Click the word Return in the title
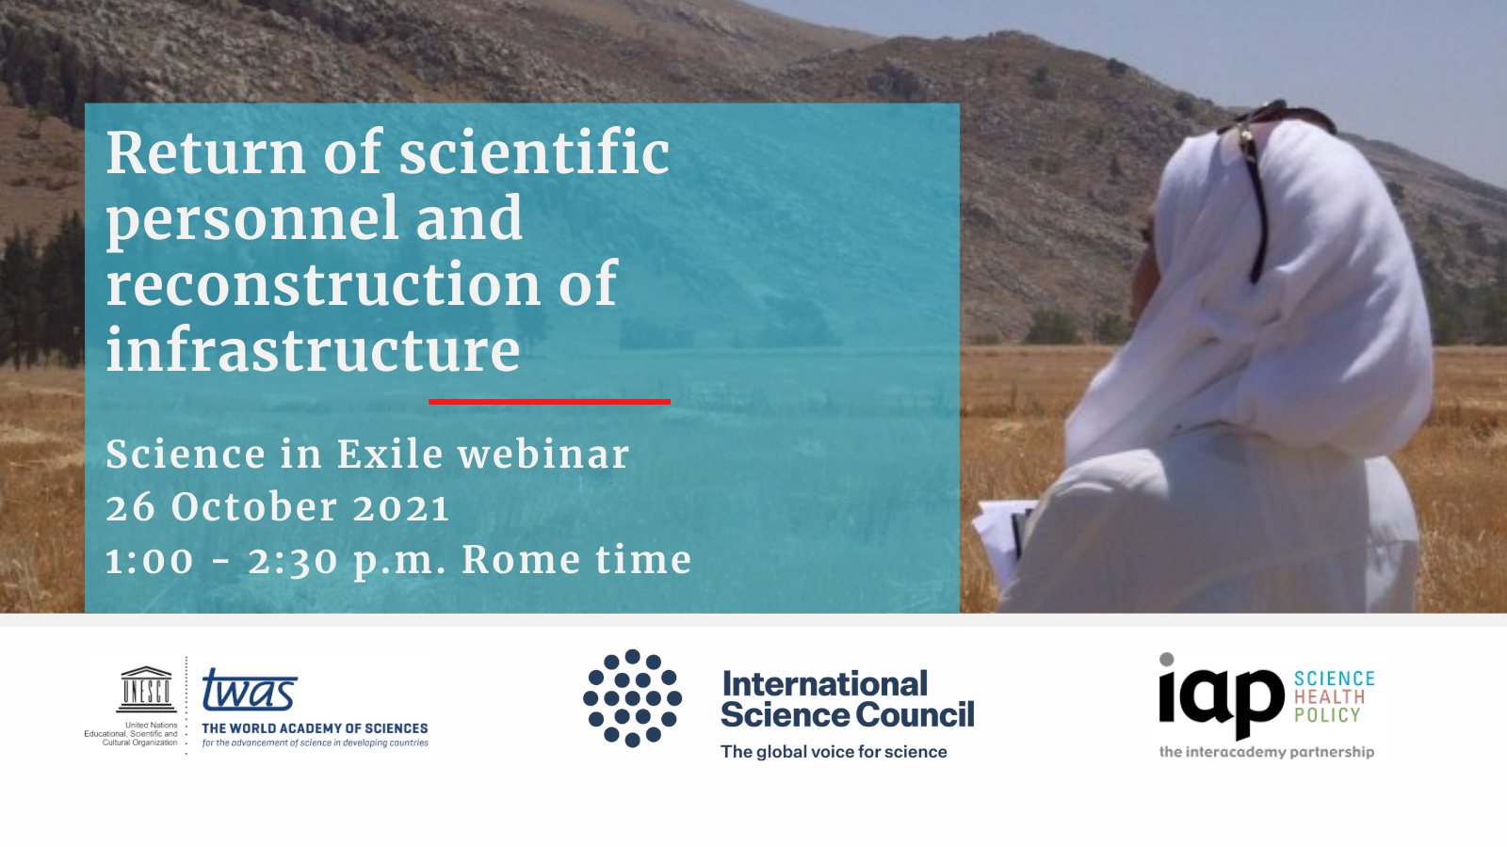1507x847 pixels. pos(205,153)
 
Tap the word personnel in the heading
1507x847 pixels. pos(252,220)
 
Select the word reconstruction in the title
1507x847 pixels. pos(323,285)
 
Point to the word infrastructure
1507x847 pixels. pos(313,348)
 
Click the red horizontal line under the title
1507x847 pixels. pos(550,401)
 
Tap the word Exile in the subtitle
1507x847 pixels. pos(390,454)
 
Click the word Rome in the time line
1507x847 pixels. pos(520,559)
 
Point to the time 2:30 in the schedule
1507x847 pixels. pos(293,561)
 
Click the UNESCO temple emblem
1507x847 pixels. pos(146,689)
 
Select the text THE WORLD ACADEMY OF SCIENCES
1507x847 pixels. pos(315,728)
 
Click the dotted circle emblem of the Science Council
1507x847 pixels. pos(632,698)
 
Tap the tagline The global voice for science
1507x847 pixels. pos(834,752)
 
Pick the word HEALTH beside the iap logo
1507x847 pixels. pos(1329,697)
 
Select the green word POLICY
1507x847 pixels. pos(1327,715)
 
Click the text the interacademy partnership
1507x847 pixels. pos(1266,752)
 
